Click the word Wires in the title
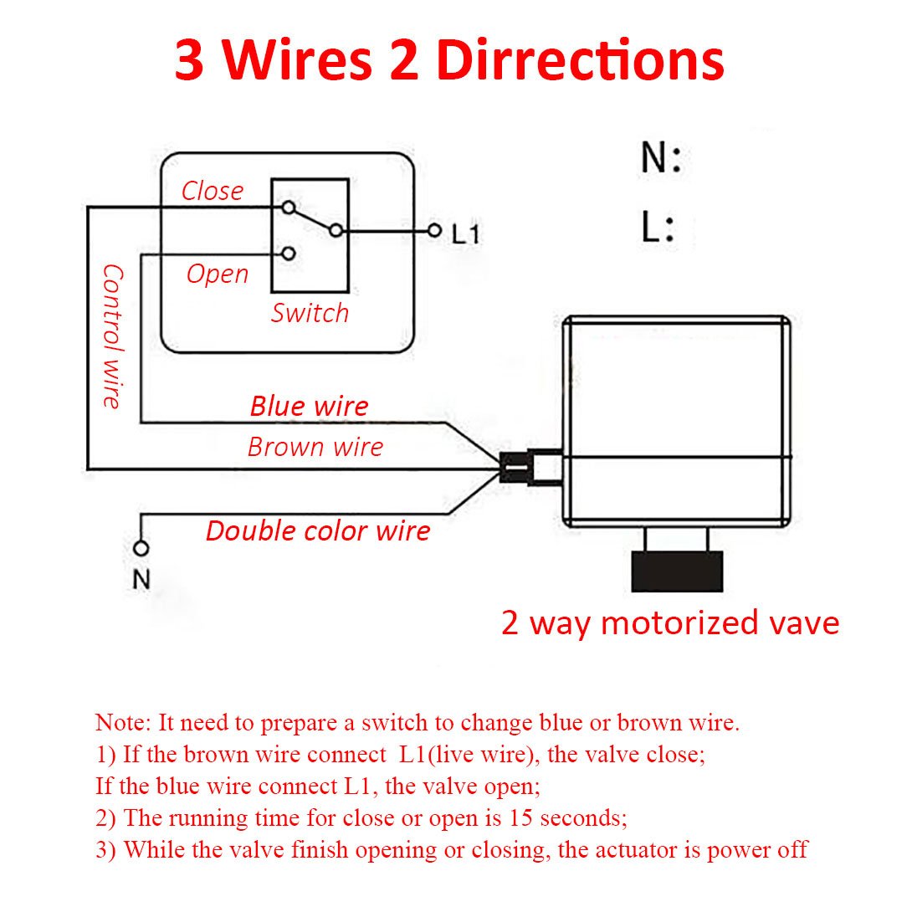click(x=297, y=60)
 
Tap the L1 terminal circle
click(x=434, y=230)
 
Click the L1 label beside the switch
click(x=466, y=233)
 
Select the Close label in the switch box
click(x=213, y=191)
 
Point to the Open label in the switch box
click(x=218, y=274)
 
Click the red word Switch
click(x=310, y=313)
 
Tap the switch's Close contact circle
click(x=289, y=208)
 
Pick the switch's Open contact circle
click(x=289, y=254)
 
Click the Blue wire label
click(x=309, y=406)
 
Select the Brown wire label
click(x=315, y=447)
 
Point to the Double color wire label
click(x=318, y=531)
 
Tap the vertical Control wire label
click(x=112, y=336)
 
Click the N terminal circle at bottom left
click(x=141, y=548)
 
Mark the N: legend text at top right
click(x=661, y=157)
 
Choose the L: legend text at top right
click(x=658, y=227)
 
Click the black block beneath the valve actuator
click(x=677, y=571)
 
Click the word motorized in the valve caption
click(x=679, y=623)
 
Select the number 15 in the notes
click(x=520, y=817)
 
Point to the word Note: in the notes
click(x=123, y=722)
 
